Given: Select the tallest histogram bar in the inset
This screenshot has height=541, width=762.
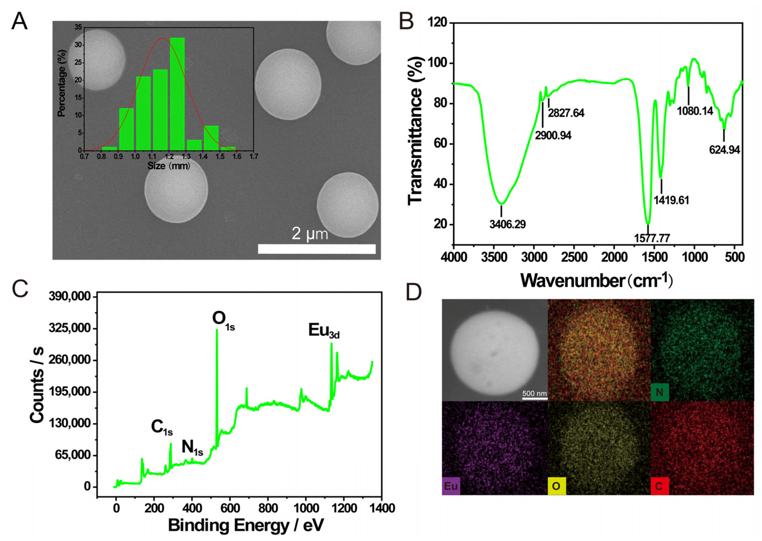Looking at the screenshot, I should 177,94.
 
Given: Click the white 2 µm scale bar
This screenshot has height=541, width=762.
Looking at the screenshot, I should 317,249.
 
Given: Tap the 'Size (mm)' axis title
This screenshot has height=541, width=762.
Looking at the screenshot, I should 169,166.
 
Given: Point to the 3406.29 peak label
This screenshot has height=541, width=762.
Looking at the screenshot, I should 507,224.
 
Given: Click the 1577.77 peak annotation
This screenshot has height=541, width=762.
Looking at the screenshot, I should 652,238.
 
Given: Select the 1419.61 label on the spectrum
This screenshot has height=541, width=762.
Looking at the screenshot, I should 671,200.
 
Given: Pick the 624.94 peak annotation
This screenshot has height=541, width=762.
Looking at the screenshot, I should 724,150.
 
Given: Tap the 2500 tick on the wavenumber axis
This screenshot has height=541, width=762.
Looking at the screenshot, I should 574,257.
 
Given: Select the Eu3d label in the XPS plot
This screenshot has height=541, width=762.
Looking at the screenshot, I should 323,331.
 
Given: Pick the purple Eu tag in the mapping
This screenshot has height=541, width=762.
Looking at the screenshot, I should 451,486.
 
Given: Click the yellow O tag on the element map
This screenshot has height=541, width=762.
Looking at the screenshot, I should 556,486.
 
